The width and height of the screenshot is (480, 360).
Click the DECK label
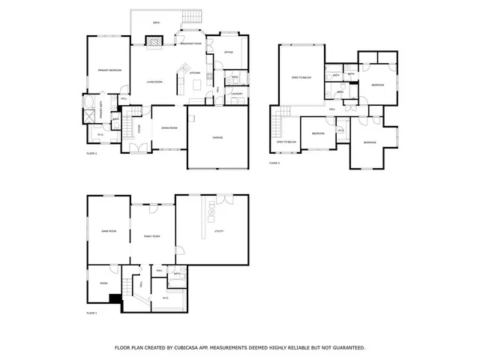click(156, 23)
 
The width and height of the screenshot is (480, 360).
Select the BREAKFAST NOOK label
click(190, 43)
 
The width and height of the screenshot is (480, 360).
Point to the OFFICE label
click(228, 52)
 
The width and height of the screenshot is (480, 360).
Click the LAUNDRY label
click(236, 94)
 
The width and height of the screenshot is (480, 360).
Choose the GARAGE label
click(217, 137)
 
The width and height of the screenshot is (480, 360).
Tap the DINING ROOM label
click(169, 128)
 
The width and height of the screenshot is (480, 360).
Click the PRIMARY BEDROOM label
click(109, 70)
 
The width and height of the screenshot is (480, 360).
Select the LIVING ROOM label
click(154, 82)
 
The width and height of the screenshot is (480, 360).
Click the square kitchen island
click(196, 85)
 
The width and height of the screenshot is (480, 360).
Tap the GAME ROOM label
click(108, 231)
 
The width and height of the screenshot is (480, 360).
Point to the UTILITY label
click(219, 231)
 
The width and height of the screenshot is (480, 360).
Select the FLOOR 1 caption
click(91, 312)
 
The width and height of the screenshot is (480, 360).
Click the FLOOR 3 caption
click(274, 162)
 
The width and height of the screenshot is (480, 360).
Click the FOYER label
click(139, 128)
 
